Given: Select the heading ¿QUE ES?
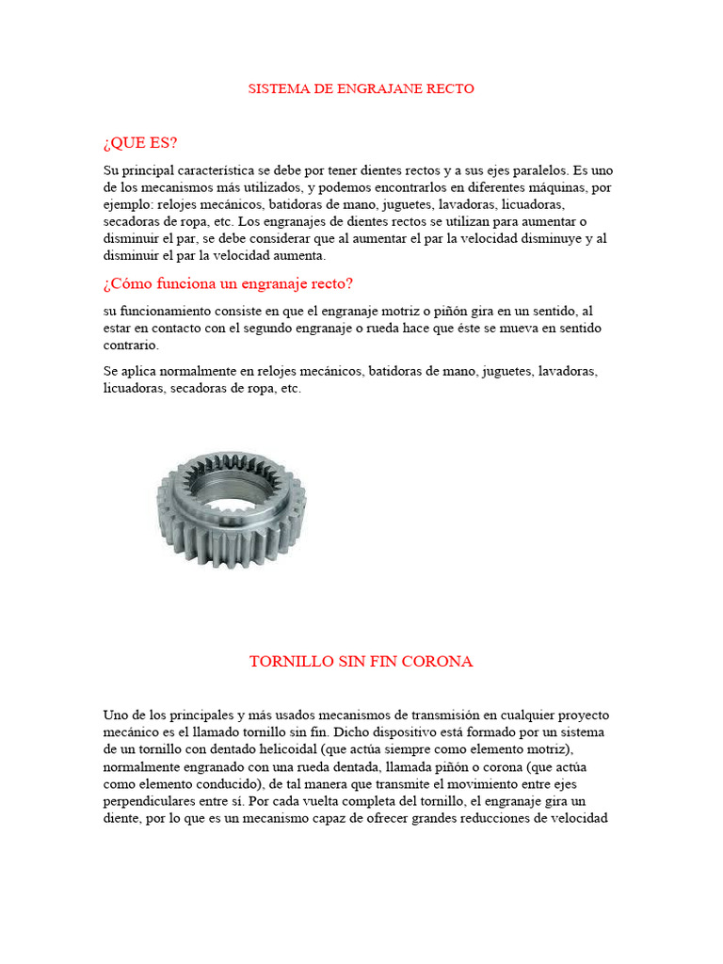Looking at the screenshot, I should coord(140,143).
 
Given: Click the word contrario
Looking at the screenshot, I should coord(130,345).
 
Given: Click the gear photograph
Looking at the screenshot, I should coord(232,508).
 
